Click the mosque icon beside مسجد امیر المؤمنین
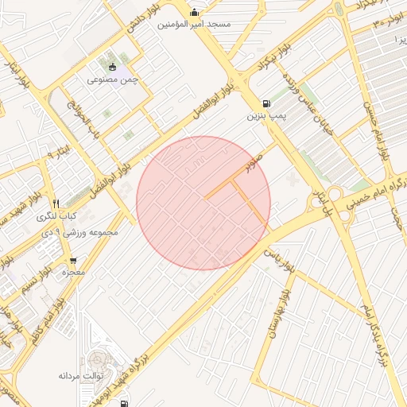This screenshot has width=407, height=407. click(x=195, y=12)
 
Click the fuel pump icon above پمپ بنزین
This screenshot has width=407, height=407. click(x=265, y=103)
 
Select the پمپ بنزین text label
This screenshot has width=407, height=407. click(x=264, y=116)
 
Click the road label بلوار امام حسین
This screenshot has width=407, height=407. click(x=376, y=131)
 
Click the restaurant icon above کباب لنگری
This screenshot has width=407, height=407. click(x=56, y=203)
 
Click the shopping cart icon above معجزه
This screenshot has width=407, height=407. click(x=73, y=260)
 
